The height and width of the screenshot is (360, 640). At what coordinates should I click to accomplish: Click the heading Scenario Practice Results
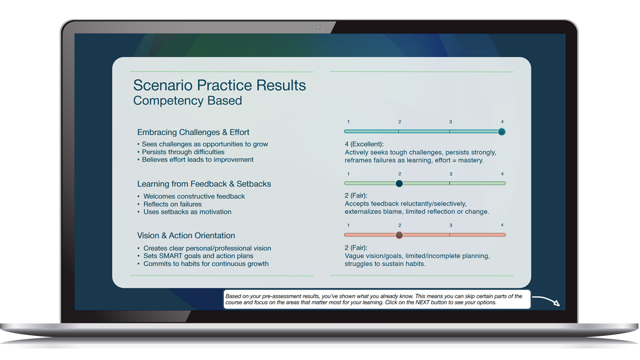pyautogui.click(x=219, y=85)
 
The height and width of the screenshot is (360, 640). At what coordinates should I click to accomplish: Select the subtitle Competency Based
pyautogui.click(x=187, y=100)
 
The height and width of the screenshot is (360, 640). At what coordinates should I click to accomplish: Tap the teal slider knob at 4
pyautogui.click(x=501, y=131)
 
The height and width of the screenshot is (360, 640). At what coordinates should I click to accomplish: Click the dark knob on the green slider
pyautogui.click(x=399, y=183)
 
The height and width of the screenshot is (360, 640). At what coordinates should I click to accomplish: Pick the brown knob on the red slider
pyautogui.click(x=399, y=235)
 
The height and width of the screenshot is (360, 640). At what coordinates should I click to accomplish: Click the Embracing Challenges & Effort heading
pyautogui.click(x=193, y=132)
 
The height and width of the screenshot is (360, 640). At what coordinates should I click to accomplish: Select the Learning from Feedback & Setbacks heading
pyautogui.click(x=204, y=183)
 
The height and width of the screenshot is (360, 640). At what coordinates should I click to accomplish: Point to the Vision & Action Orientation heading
pyautogui.click(x=186, y=235)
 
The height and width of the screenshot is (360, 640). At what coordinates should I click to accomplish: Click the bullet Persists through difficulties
pyautogui.click(x=183, y=152)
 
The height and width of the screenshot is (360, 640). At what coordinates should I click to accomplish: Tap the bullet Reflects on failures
pyautogui.click(x=172, y=204)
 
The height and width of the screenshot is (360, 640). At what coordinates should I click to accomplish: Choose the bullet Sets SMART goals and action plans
pyautogui.click(x=198, y=256)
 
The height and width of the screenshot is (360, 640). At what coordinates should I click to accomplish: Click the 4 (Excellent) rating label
pyautogui.click(x=364, y=144)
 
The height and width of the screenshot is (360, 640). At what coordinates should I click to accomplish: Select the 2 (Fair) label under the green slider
pyautogui.click(x=355, y=195)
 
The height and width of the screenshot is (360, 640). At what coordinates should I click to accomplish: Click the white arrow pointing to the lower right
pyautogui.click(x=545, y=300)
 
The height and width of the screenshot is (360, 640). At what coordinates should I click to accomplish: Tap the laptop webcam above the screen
pyautogui.click(x=319, y=27)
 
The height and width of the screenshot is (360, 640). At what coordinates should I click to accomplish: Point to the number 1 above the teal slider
pyautogui.click(x=348, y=121)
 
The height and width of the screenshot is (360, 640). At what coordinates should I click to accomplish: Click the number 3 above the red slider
pyautogui.click(x=450, y=225)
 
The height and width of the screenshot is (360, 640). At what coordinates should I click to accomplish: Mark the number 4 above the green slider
pyautogui.click(x=502, y=174)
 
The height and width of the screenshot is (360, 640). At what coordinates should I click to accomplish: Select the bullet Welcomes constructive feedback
pyautogui.click(x=194, y=196)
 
